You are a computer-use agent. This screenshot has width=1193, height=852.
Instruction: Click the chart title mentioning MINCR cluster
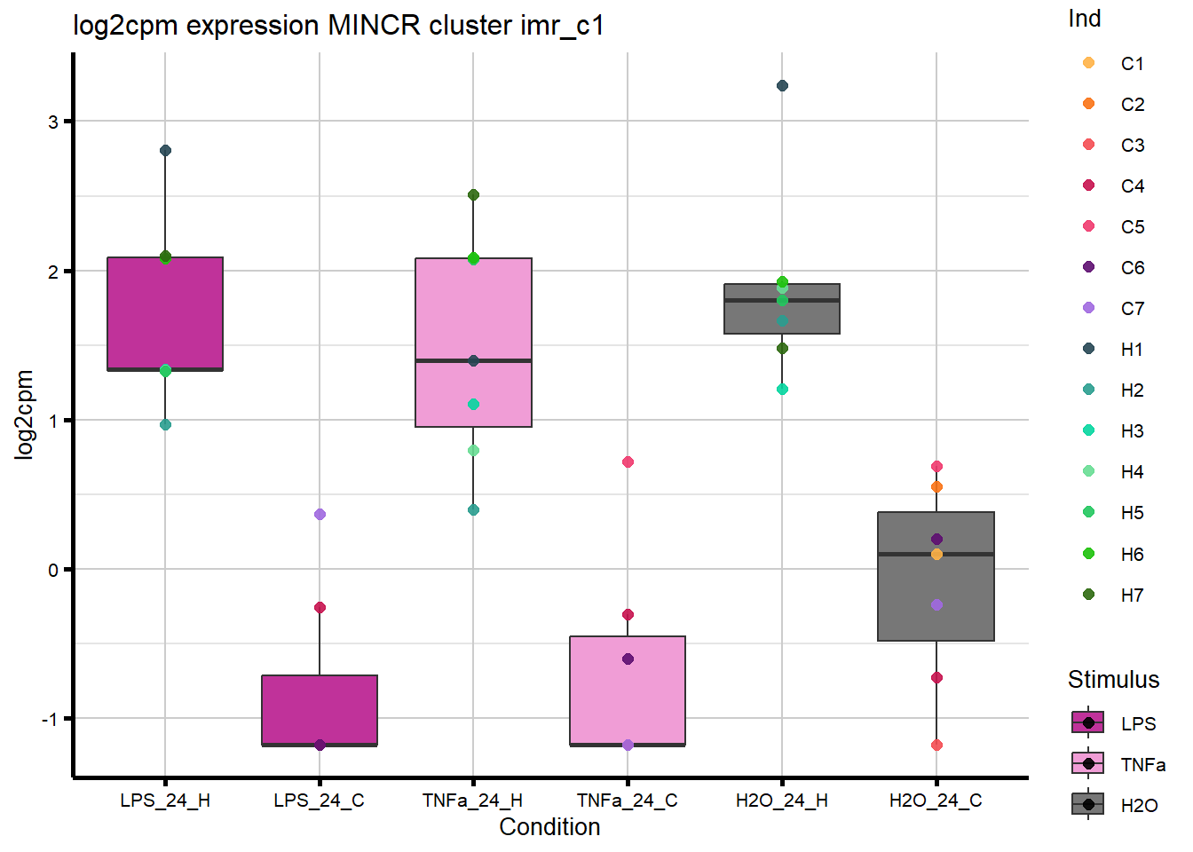coord(338,26)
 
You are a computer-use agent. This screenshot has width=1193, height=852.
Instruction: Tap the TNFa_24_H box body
coord(473,342)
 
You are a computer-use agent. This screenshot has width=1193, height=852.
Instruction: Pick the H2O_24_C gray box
coord(936,576)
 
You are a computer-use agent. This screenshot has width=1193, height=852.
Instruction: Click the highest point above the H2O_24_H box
coord(782,86)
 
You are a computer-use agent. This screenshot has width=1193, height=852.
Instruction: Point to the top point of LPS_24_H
coord(165,151)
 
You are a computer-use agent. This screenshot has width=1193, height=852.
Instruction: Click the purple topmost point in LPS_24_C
coord(320,514)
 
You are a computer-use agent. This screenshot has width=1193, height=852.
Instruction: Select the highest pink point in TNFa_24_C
coord(628,461)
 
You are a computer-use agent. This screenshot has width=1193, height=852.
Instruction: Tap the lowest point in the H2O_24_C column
coord(936,745)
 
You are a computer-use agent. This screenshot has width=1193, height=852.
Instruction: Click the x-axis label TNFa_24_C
coord(627,801)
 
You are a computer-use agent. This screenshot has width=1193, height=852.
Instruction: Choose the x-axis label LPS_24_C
coord(319,801)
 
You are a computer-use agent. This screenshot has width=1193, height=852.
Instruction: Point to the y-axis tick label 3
coord(53,122)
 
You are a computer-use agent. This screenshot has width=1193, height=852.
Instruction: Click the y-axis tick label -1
coord(50,719)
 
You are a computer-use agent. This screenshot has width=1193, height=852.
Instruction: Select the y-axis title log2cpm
coord(24,414)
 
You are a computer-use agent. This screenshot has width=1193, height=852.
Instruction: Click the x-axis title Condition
coord(549,827)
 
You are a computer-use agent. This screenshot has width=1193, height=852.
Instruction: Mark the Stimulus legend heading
coord(1113,680)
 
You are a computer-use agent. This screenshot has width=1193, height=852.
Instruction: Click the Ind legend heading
coord(1084,19)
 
